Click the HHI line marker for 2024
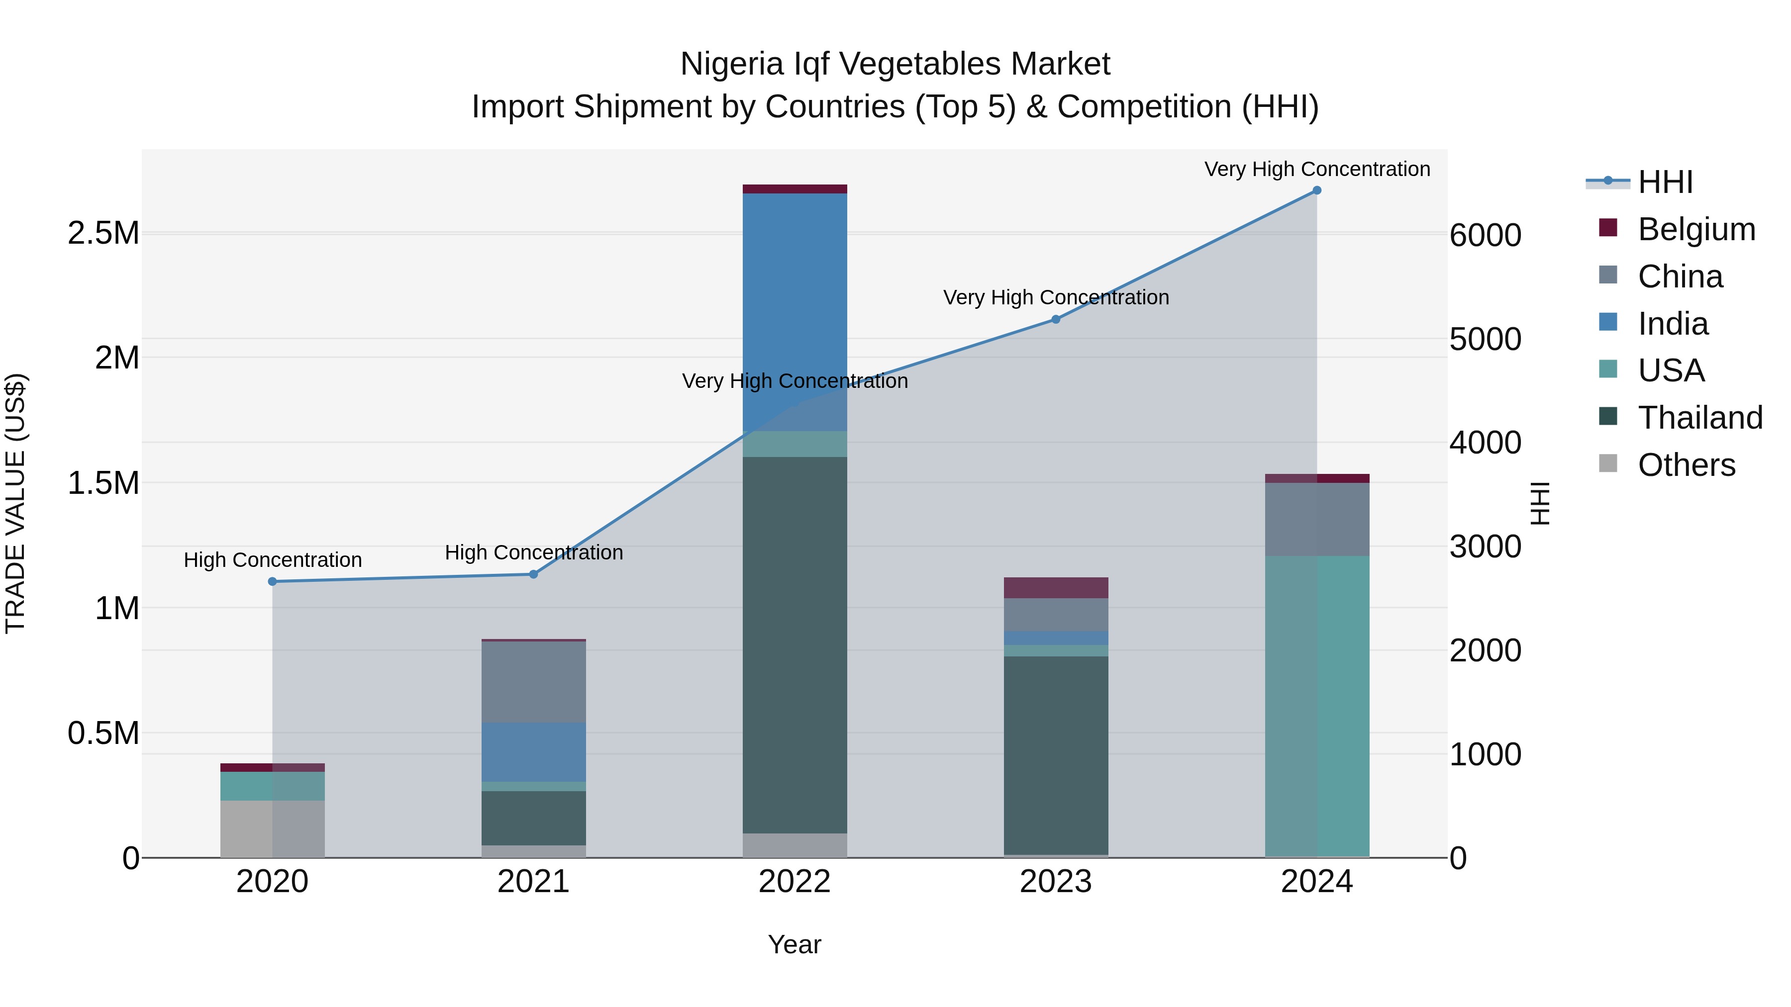pyautogui.click(x=1317, y=190)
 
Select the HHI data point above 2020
pyautogui.click(x=273, y=582)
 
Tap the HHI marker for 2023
pyautogui.click(x=1055, y=320)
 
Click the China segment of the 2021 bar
pyautogui.click(x=533, y=681)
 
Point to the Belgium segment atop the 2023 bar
pyautogui.click(x=1055, y=588)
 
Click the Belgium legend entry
pyautogui.click(x=1695, y=229)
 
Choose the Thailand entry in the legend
pyautogui.click(x=1699, y=418)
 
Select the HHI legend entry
pyautogui.click(x=1665, y=182)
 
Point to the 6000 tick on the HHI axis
pyautogui.click(x=1485, y=236)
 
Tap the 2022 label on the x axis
pyautogui.click(x=795, y=882)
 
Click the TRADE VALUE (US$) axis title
pyautogui.click(x=15, y=503)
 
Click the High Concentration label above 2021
pyautogui.click(x=533, y=553)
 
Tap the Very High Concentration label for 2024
pyautogui.click(x=1317, y=170)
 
